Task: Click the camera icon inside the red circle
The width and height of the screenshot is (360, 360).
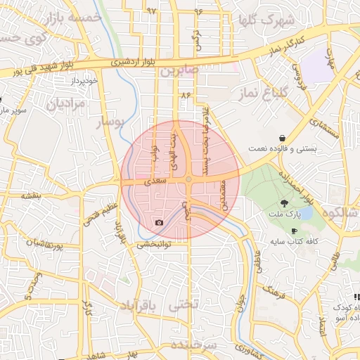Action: [x=159, y=223]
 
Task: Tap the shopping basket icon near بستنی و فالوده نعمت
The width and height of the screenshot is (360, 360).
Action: [x=282, y=138]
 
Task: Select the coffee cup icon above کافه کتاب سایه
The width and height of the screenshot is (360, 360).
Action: [x=294, y=231]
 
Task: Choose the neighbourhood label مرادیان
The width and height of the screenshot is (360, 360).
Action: [x=65, y=105]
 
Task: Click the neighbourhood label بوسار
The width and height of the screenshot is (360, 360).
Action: [x=109, y=123]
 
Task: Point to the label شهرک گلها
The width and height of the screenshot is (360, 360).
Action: [x=266, y=20]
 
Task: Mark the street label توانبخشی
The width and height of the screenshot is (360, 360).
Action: [x=153, y=244]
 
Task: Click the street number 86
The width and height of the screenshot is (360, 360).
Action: [x=186, y=94]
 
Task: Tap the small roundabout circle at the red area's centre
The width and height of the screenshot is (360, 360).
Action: [x=188, y=181]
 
